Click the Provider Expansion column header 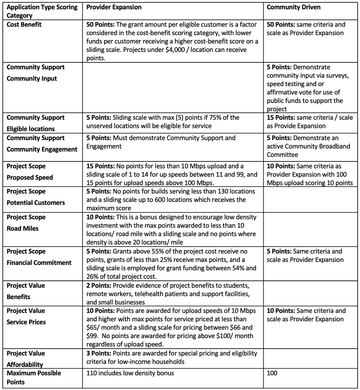(x=113, y=7)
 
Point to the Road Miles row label (x=23, y=229)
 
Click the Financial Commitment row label (x=39, y=262)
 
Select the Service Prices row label (x=26, y=322)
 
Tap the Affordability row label (x=25, y=365)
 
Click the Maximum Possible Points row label (x=34, y=378)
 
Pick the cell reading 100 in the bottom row (x=272, y=373)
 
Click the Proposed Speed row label (x=30, y=177)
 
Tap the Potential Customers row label (x=36, y=203)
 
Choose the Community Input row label (x=32, y=78)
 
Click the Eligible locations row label (x=31, y=129)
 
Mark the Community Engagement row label (x=42, y=149)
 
